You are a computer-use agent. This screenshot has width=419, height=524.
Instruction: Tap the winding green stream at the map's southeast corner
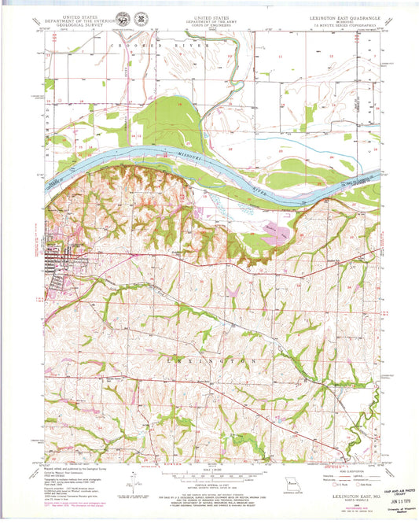368,429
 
